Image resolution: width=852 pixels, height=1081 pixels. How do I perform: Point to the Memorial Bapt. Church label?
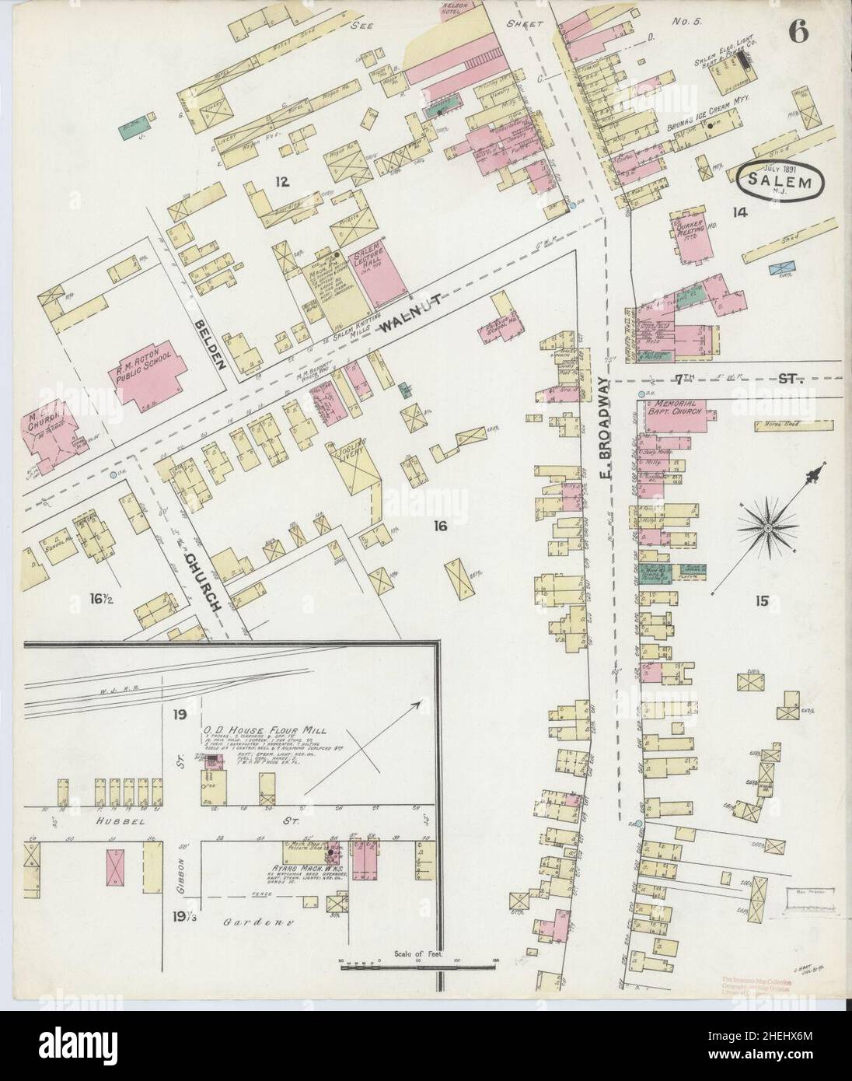click(672, 409)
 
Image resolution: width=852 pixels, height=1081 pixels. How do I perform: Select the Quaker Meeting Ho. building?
click(691, 236)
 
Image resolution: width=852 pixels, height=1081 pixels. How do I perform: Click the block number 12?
click(281, 183)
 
